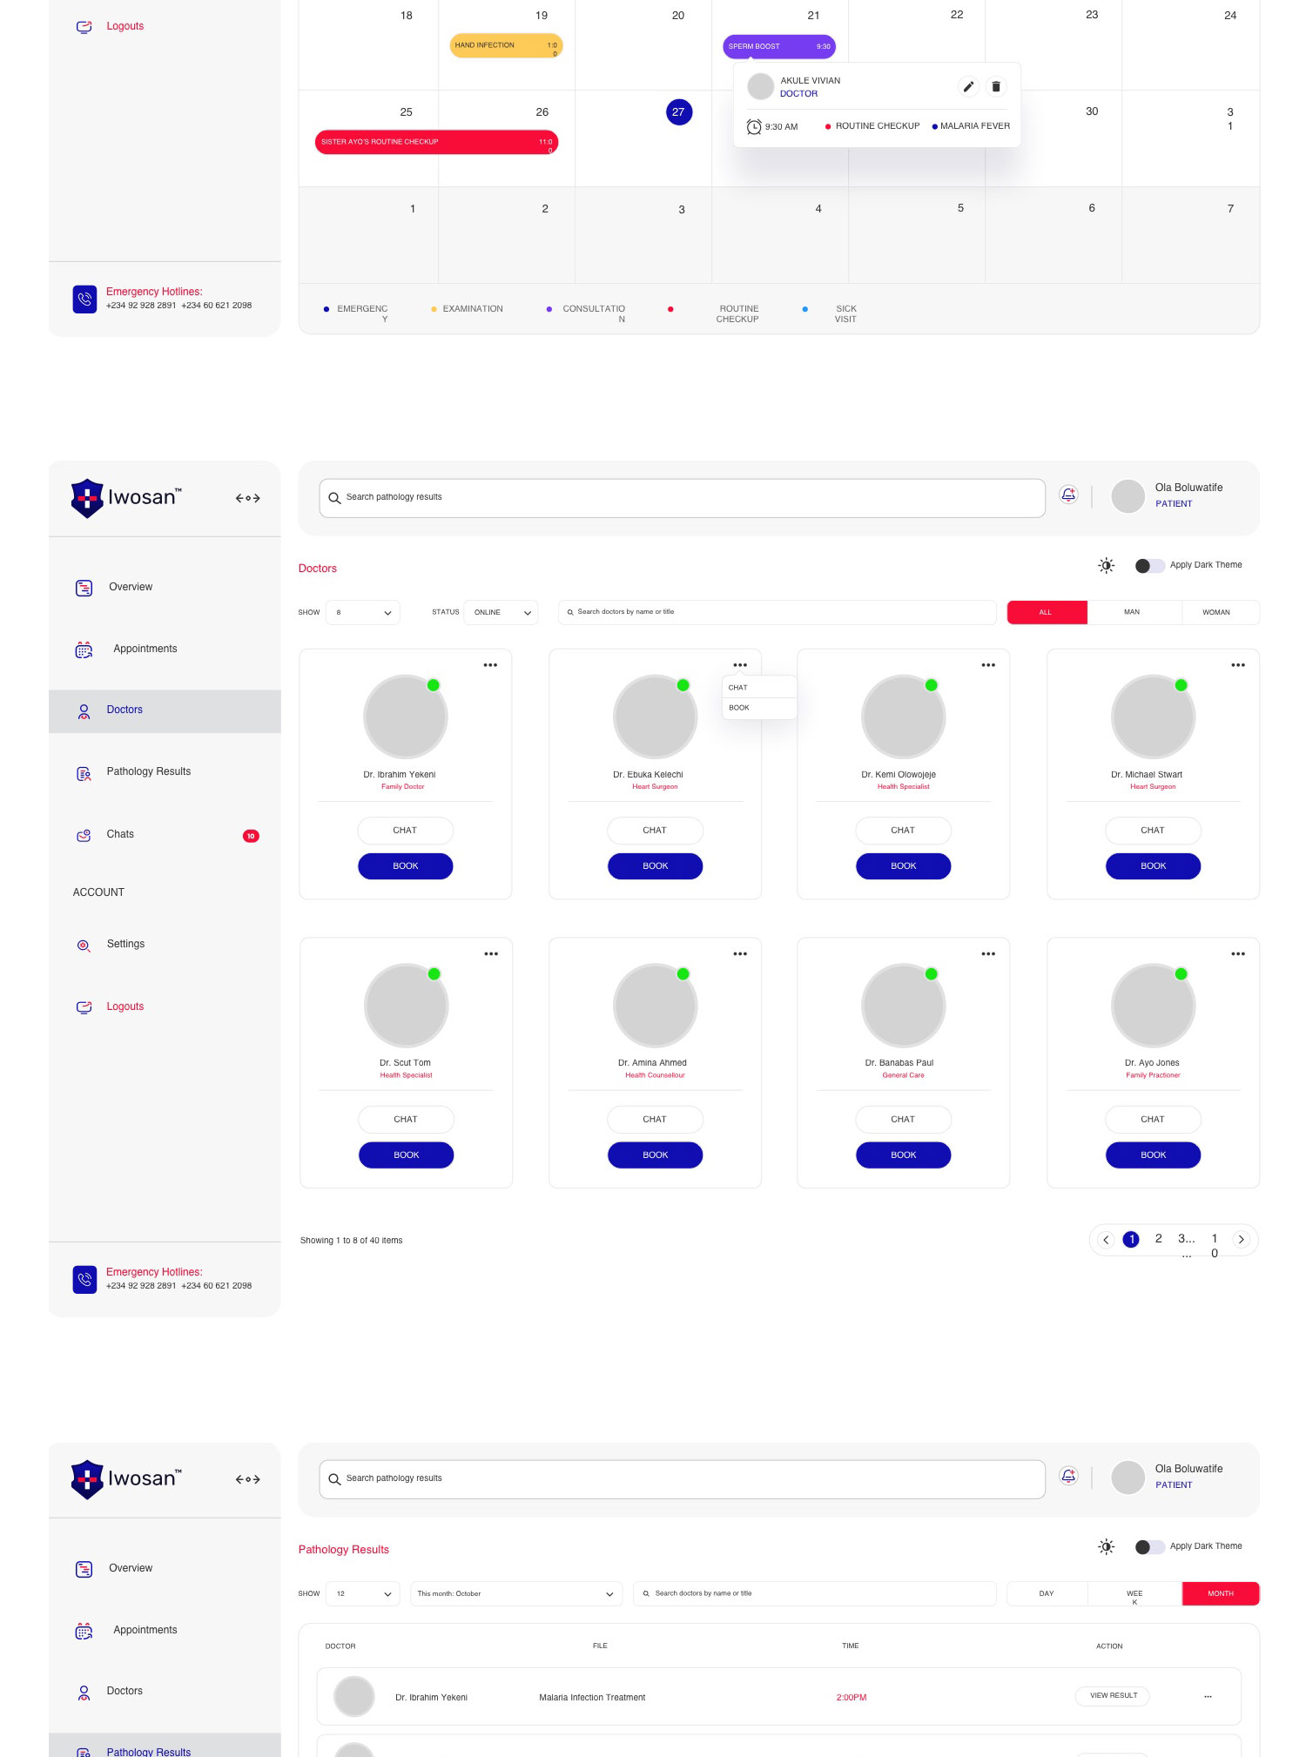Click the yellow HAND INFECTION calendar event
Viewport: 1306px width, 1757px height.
(506, 45)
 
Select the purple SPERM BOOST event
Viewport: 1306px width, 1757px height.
(778, 46)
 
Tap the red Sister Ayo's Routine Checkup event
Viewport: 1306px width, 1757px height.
(436, 142)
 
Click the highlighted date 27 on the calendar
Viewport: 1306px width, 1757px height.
(679, 112)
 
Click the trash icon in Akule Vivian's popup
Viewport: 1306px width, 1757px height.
(996, 86)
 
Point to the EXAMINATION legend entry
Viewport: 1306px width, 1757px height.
(472, 309)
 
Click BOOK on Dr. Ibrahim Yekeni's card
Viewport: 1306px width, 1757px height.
(406, 866)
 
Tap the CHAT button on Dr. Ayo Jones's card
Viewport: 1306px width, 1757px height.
(1153, 1120)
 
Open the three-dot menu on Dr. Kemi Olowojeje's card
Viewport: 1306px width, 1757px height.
(988, 665)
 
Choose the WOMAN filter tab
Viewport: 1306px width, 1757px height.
(1216, 612)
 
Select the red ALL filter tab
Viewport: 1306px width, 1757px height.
(1047, 612)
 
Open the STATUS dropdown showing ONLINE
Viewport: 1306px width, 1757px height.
(502, 612)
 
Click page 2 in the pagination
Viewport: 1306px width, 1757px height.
(1159, 1239)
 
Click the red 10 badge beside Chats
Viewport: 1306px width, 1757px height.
(251, 836)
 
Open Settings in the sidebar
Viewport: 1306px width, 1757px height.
(125, 944)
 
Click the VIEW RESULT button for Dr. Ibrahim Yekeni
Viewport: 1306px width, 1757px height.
(1114, 1695)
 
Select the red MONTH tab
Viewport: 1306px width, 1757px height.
(1220, 1593)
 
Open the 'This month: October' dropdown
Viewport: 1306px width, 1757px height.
(515, 1593)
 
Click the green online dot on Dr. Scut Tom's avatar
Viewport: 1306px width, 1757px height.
(434, 973)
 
